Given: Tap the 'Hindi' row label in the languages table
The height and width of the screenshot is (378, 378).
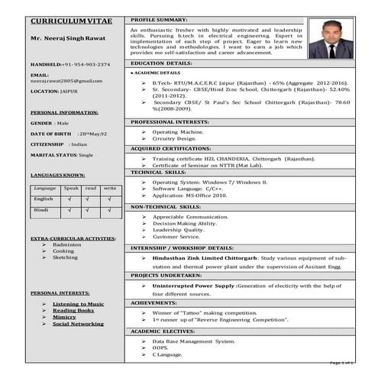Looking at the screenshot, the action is [42, 208].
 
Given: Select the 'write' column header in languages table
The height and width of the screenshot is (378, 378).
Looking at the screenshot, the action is [110, 188].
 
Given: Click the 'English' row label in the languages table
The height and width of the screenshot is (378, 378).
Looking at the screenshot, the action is [44, 199].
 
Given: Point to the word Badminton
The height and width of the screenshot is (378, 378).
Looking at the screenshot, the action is [66, 244].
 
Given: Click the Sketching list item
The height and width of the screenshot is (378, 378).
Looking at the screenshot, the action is [65, 257].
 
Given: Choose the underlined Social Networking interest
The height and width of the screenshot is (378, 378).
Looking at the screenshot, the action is [78, 324].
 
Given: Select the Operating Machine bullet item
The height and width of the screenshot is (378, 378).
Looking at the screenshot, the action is [178, 131].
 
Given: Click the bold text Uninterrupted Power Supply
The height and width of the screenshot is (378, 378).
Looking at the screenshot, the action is [193, 284].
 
